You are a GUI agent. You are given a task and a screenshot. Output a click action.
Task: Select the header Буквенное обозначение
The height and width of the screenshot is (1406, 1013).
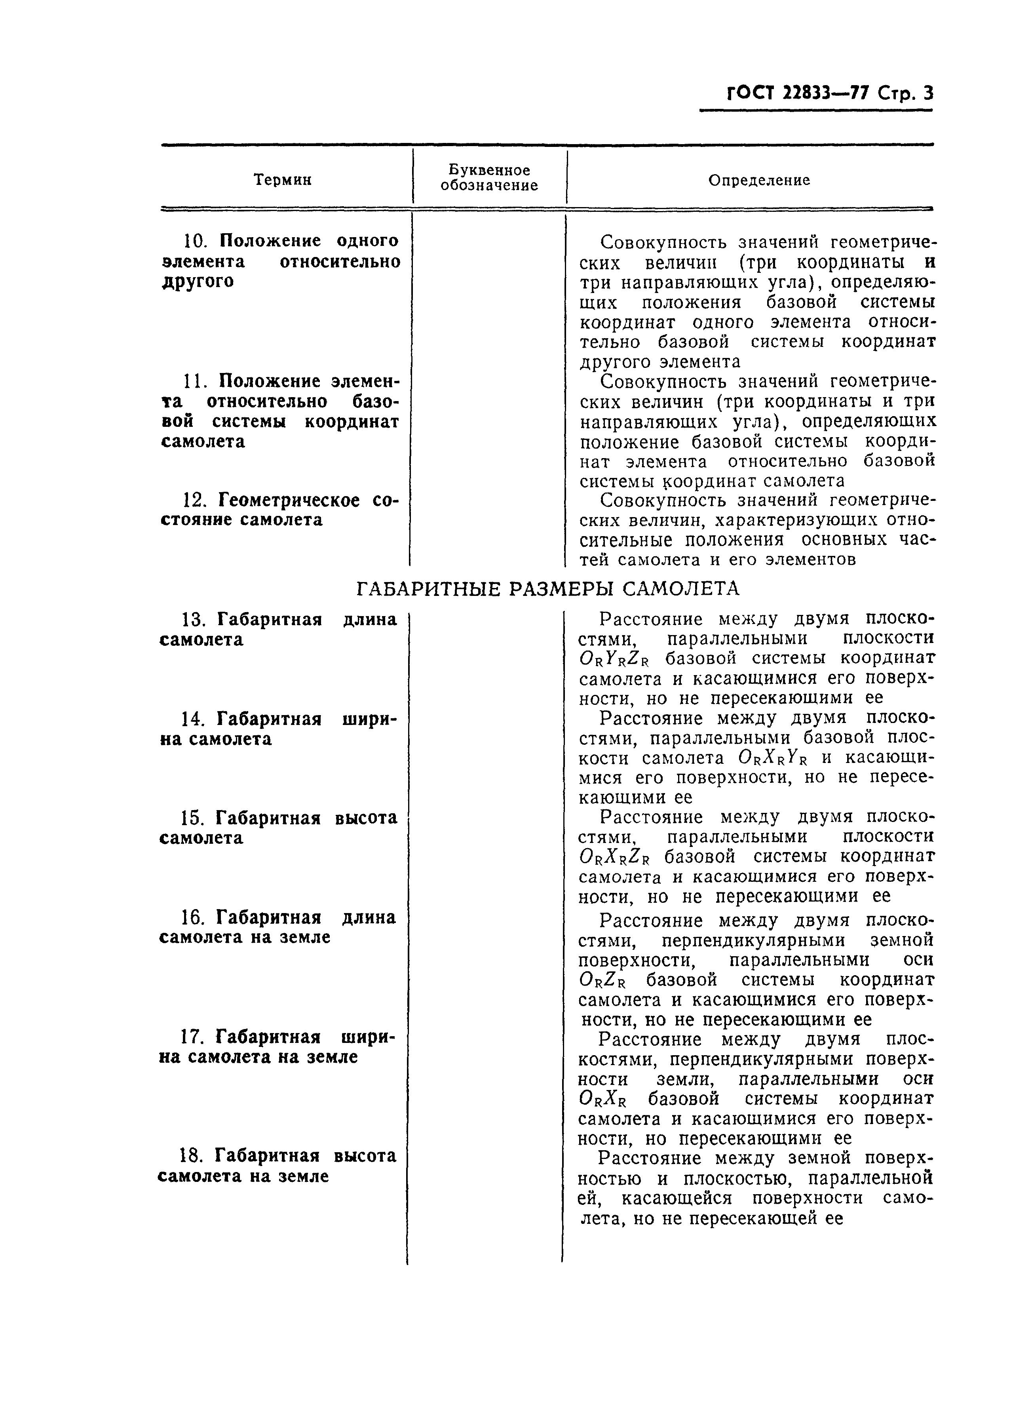pyautogui.click(x=489, y=178)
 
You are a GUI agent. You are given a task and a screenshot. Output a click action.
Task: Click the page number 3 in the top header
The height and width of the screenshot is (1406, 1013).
pyautogui.click(x=927, y=93)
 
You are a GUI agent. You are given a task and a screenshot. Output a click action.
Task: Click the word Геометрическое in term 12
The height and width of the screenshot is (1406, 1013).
pyautogui.click(x=289, y=500)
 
